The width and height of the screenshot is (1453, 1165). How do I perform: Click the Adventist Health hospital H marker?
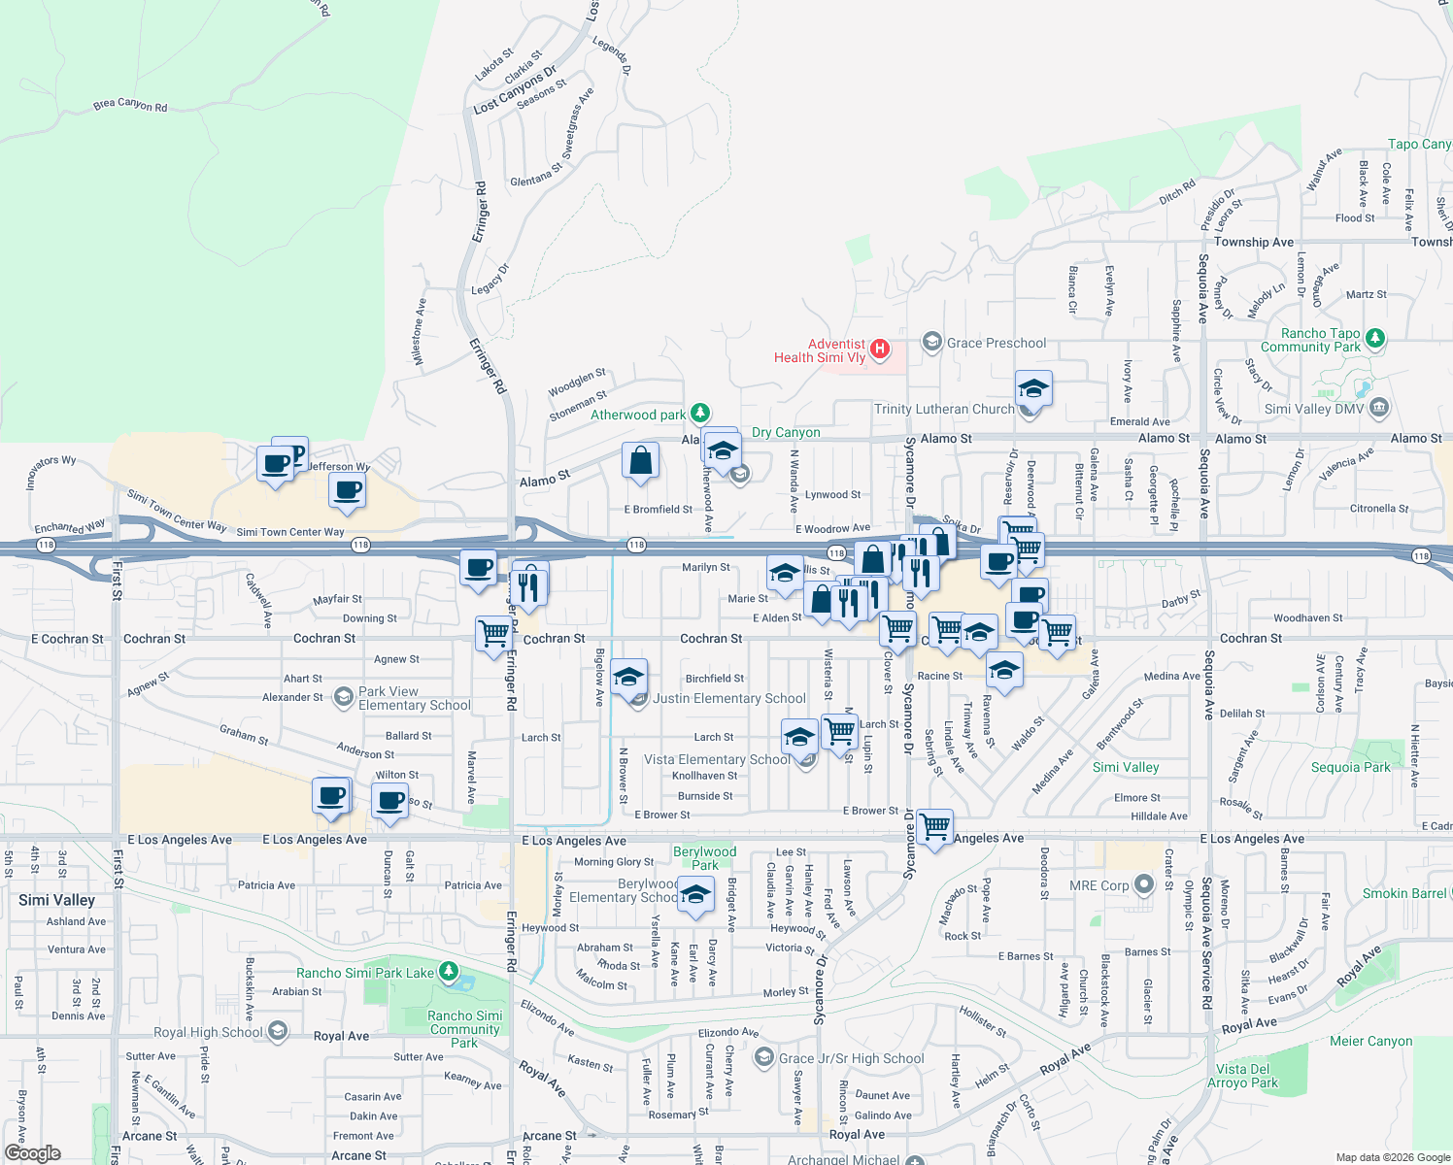pos(880,349)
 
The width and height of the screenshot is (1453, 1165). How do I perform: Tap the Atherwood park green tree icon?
pos(699,415)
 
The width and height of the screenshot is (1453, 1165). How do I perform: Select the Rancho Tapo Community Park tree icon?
pos(1374,339)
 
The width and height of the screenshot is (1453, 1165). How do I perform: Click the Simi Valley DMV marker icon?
pos(1379,409)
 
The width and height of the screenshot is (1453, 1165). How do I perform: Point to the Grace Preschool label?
pos(997,343)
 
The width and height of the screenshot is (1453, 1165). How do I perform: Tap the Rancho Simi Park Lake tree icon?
pos(448,972)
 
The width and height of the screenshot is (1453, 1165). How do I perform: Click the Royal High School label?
pos(208,1032)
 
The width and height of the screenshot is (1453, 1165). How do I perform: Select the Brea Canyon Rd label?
pos(130,105)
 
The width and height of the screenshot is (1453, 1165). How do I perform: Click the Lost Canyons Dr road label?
pos(515,90)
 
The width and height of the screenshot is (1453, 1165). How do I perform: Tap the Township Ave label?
pos(1254,242)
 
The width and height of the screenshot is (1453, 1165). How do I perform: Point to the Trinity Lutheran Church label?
pos(943,409)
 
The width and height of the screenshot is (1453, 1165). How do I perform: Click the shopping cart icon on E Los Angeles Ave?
pos(934,828)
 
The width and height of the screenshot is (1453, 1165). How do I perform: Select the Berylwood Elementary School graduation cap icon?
pos(694,895)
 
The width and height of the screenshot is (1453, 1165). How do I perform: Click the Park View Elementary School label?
pos(414,699)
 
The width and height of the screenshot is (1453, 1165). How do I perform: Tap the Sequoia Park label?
pos(1350,767)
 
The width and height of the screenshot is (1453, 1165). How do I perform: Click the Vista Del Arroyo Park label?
pos(1243,1076)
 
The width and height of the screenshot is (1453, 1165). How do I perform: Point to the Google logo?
pos(33,1153)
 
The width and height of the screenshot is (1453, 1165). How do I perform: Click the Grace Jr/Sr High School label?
pos(851,1058)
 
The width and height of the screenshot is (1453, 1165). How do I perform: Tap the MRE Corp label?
pos(1098,885)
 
